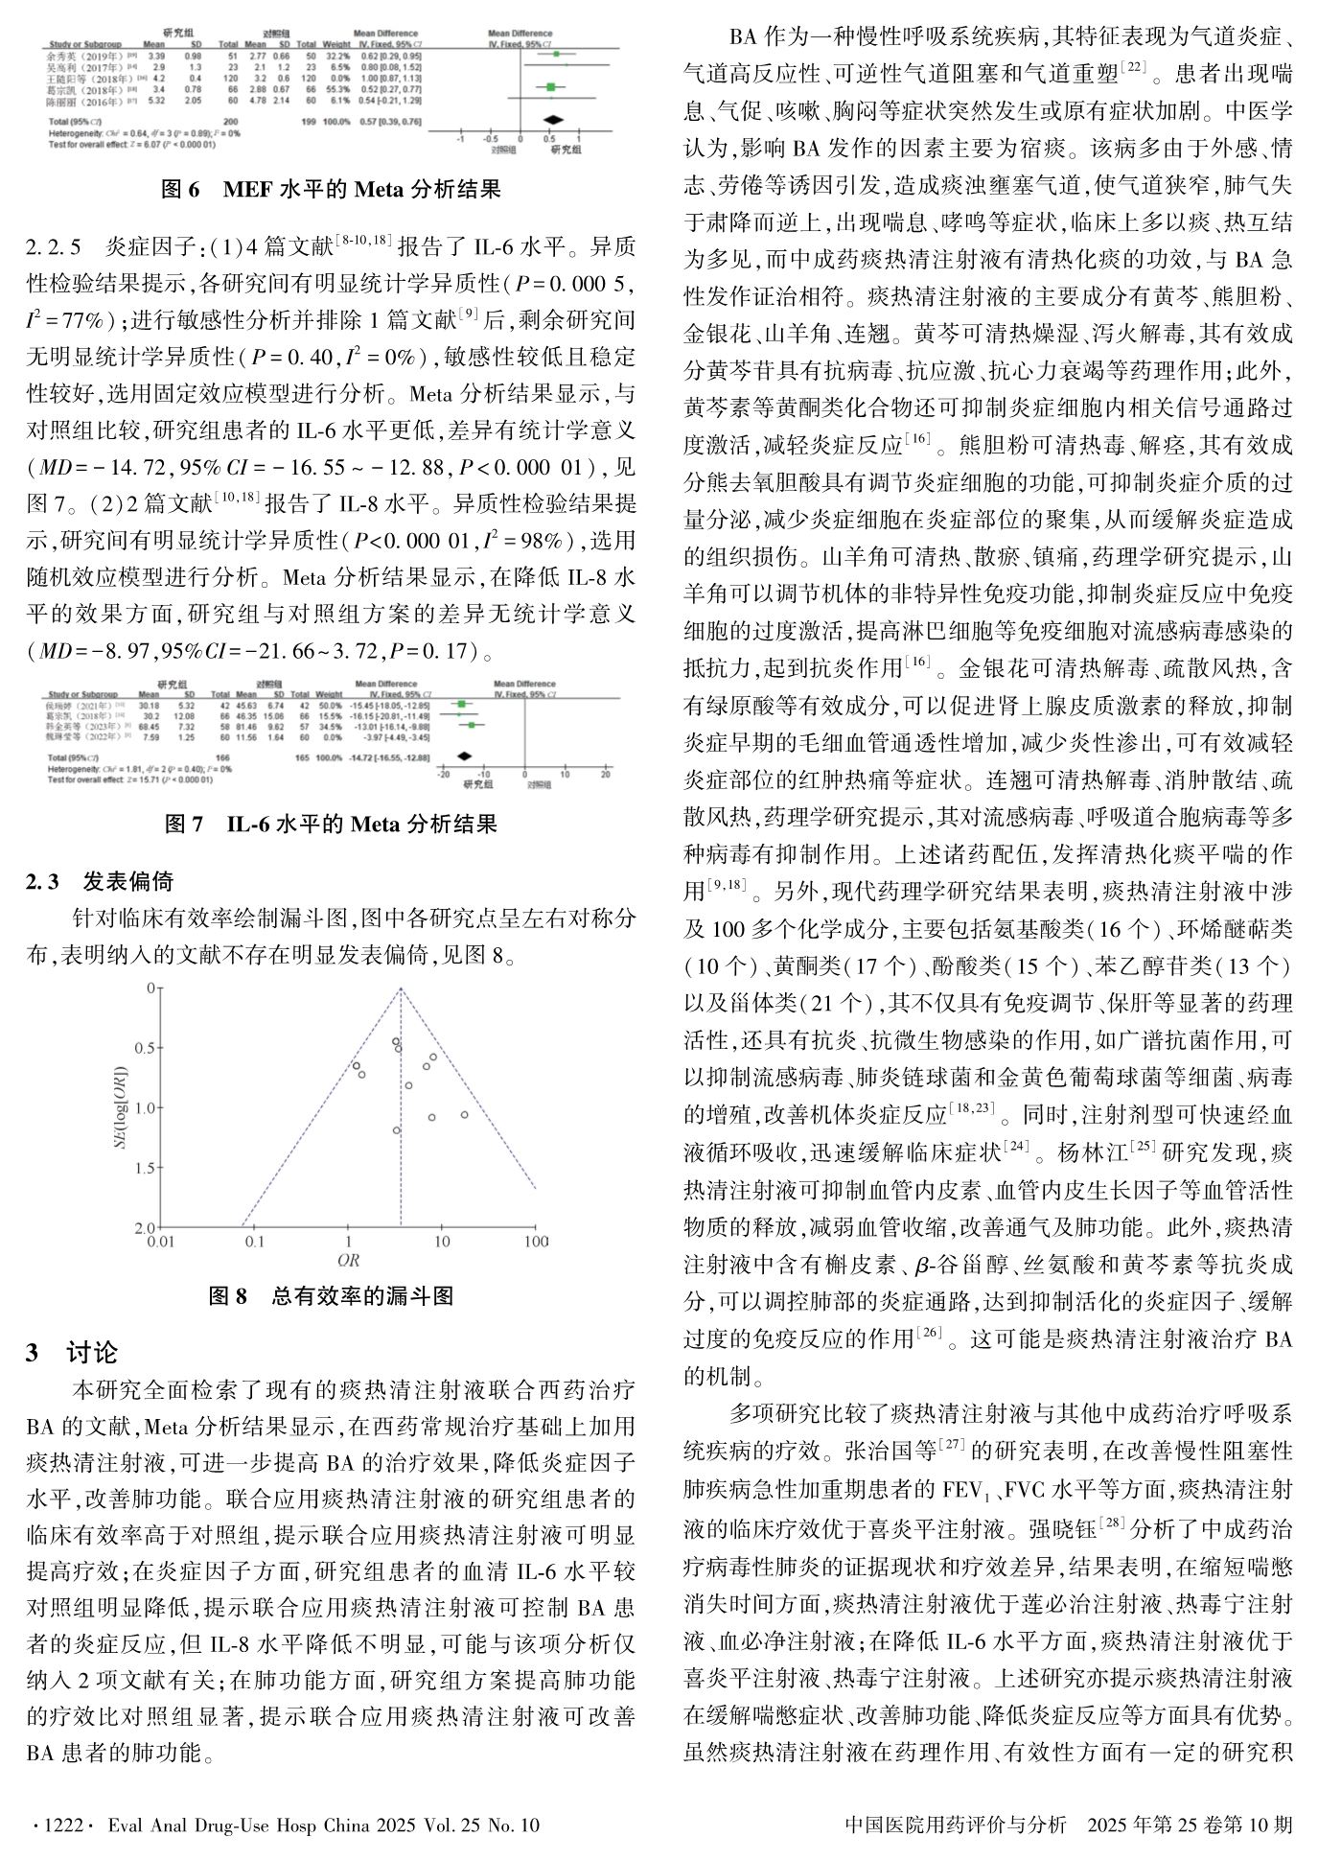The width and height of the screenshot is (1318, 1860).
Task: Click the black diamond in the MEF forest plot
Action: (x=552, y=121)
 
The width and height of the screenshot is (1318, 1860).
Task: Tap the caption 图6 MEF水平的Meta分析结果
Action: (x=331, y=189)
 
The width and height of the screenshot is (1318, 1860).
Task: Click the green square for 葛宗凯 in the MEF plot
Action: (x=550, y=87)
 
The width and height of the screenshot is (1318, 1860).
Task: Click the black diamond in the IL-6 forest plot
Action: (x=465, y=756)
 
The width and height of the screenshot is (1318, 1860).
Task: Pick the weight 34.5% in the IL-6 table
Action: (x=329, y=726)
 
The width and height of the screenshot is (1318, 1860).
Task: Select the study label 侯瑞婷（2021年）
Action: (x=82, y=705)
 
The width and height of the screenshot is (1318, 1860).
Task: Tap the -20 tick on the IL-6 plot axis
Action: (x=443, y=773)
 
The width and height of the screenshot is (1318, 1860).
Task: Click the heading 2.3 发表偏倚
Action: (x=101, y=881)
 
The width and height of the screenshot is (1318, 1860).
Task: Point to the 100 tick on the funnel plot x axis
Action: (x=536, y=1242)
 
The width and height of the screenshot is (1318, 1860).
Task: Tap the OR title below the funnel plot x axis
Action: (x=347, y=1260)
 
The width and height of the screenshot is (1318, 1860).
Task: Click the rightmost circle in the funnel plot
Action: (x=465, y=1114)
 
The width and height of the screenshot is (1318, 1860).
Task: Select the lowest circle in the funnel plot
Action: (x=396, y=1130)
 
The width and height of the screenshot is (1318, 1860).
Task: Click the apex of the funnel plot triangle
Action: (x=400, y=988)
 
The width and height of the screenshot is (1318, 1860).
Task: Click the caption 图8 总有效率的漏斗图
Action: (x=331, y=1296)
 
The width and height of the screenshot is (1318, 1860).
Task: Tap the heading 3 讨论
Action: (x=72, y=1353)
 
